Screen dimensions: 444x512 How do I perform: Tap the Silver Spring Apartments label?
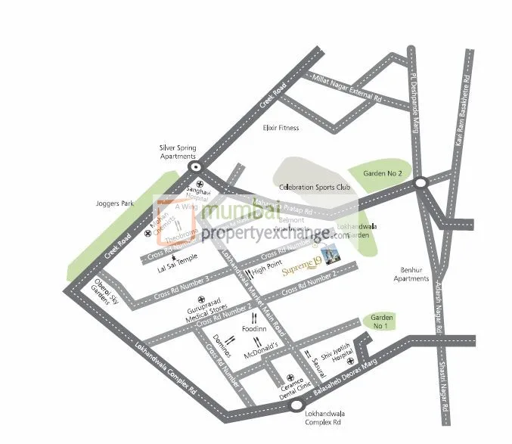pyautogui.click(x=178, y=151)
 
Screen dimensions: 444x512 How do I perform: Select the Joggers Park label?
pyautogui.click(x=115, y=203)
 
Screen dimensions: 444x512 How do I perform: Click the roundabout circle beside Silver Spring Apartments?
pyautogui.click(x=196, y=168)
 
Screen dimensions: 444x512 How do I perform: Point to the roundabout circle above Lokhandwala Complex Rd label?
pyautogui.click(x=295, y=406)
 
